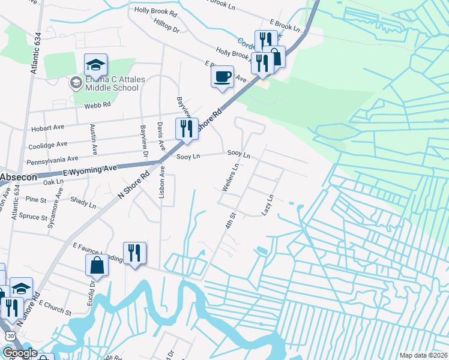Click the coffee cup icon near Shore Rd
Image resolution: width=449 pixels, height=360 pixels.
click(x=222, y=77)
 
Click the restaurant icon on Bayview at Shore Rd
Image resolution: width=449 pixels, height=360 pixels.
click(x=187, y=128)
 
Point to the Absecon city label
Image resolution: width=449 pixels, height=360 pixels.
click(x=18, y=178)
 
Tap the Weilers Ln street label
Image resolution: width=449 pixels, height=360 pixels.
click(x=231, y=178)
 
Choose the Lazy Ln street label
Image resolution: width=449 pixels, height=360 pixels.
click(x=268, y=205)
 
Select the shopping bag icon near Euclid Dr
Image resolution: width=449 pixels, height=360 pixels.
click(x=97, y=265)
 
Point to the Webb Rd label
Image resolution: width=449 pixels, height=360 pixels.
click(x=98, y=104)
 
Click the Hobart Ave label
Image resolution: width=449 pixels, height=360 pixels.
click(x=46, y=128)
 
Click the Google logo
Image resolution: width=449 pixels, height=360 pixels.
click(x=19, y=353)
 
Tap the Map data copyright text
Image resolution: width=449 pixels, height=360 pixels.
click(x=423, y=355)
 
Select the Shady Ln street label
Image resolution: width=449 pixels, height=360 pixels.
click(x=83, y=201)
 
